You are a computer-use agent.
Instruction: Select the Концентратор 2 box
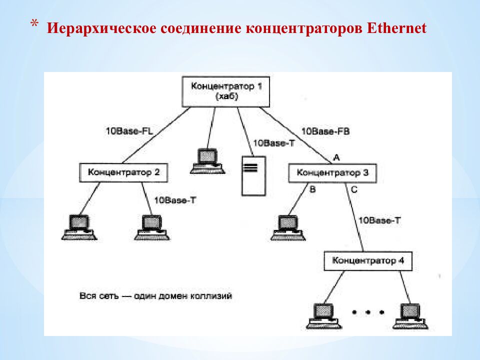pyautogui.click(x=123, y=172)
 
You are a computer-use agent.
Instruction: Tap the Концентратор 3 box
pyautogui.click(x=332, y=173)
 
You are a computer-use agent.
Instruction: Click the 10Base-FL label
pyautogui.click(x=128, y=131)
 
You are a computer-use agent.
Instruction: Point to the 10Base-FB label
pyautogui.click(x=325, y=131)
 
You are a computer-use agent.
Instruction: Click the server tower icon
pyautogui.click(x=253, y=176)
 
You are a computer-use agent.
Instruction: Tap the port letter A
pyautogui.click(x=336, y=157)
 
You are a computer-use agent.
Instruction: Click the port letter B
pyautogui.click(x=313, y=190)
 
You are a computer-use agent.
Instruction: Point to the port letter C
pyautogui.click(x=354, y=190)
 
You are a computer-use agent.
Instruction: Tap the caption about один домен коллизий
pyautogui.click(x=155, y=296)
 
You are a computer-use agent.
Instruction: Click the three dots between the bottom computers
pyautogui.click(x=368, y=312)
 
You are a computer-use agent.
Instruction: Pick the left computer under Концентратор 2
pyautogui.click(x=79, y=226)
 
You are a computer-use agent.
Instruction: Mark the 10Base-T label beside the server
pyautogui.click(x=274, y=143)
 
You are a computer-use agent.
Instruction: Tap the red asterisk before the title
pyautogui.click(x=34, y=24)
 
